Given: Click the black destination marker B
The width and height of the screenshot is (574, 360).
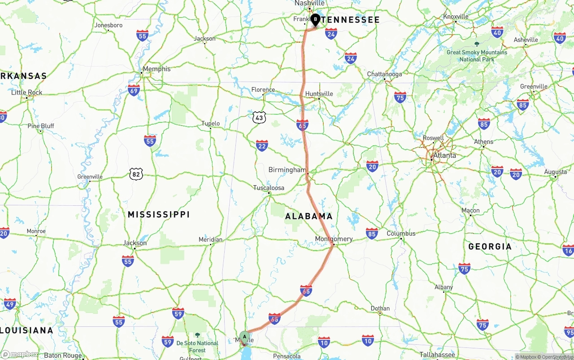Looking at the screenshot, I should (315, 19).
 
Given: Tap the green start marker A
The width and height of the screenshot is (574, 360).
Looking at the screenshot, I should (244, 337).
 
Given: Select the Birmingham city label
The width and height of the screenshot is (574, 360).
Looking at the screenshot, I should (287, 170).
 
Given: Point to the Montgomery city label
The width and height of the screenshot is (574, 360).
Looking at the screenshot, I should (334, 239).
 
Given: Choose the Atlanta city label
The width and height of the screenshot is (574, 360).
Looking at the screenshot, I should (444, 156).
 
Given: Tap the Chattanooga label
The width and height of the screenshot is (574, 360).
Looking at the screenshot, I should (384, 74).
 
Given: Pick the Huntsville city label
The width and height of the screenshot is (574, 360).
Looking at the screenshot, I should (319, 94).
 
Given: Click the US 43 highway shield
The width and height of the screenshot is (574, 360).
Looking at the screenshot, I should (259, 117).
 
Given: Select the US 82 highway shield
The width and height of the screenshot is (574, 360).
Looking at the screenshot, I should (136, 174).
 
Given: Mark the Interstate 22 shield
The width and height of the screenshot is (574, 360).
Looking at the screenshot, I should (262, 145).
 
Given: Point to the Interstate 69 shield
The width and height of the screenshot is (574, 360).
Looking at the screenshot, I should (134, 90).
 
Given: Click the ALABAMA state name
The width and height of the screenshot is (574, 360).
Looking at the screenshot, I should (309, 216).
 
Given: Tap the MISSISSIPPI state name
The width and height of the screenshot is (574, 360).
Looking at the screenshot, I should (159, 214).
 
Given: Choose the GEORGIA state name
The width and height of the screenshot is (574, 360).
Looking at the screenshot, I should (490, 247).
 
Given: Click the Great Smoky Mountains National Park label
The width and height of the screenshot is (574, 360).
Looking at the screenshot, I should (477, 56).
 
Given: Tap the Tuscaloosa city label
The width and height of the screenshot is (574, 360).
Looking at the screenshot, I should (269, 188).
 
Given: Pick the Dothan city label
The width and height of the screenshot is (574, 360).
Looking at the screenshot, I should (380, 308).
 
